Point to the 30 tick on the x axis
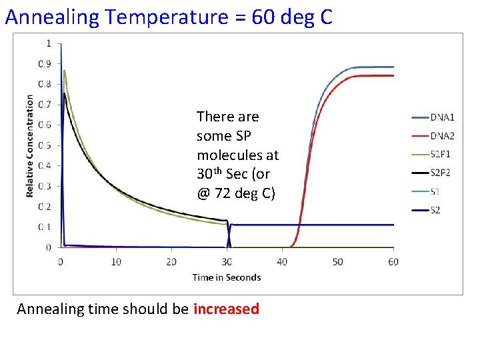[x=227, y=262]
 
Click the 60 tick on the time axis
[x=393, y=262]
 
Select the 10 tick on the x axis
[x=116, y=262]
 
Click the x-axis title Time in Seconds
[x=227, y=277]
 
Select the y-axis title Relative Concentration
[x=30, y=145]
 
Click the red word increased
[x=226, y=309]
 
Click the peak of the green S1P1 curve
[x=64, y=70]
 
